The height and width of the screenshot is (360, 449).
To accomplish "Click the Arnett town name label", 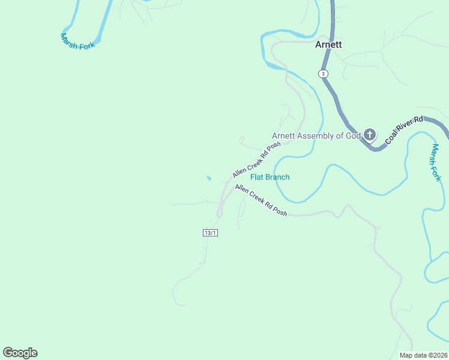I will [x=328, y=44].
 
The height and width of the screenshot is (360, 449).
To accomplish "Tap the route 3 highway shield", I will [x=323, y=73].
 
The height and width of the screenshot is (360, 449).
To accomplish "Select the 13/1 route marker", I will [x=210, y=232].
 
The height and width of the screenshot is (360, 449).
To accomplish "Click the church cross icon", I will [x=370, y=134].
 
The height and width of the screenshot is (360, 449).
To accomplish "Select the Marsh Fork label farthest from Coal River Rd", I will [x=78, y=41].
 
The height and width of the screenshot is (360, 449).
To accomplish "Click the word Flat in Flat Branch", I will [x=258, y=177].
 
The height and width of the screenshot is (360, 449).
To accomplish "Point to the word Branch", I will [x=278, y=177].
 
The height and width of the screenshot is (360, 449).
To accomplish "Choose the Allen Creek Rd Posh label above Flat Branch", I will [x=256, y=160].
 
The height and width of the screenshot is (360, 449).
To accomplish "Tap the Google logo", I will [x=20, y=353].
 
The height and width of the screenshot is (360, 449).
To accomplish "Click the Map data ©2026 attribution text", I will [x=424, y=355].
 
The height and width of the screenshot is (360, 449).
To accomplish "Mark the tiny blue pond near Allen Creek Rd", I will [x=209, y=178].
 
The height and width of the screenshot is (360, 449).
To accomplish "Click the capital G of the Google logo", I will [x=8, y=353].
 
